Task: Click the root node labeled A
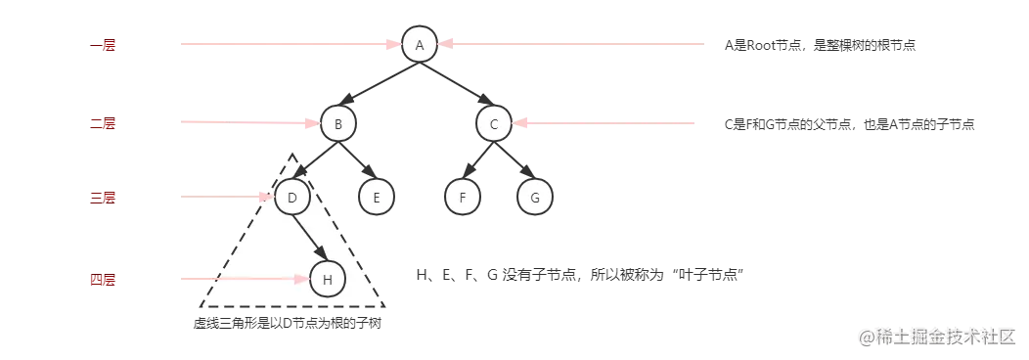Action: pyautogui.click(x=419, y=44)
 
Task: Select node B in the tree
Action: pyautogui.click(x=337, y=123)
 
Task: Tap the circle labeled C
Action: pyautogui.click(x=494, y=123)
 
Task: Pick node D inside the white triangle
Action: pyautogui.click(x=291, y=199)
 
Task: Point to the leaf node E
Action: pyautogui.click(x=376, y=198)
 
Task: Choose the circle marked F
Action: pyautogui.click(x=463, y=198)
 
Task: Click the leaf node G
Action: pyautogui.click(x=534, y=198)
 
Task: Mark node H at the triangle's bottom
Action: pyautogui.click(x=328, y=280)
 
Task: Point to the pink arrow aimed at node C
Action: pyautogui.click(x=606, y=122)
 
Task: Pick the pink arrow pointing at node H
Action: pyautogui.click(x=245, y=279)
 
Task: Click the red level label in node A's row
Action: pyautogui.click(x=102, y=45)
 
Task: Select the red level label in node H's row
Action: pyautogui.click(x=102, y=281)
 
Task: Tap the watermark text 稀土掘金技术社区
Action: pyautogui.click(x=937, y=336)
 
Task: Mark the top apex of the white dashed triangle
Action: pyautogui.click(x=292, y=156)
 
